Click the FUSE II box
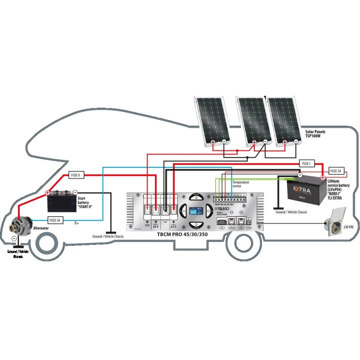[76, 175]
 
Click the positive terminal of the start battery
[47, 192]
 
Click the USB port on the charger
[222, 221]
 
